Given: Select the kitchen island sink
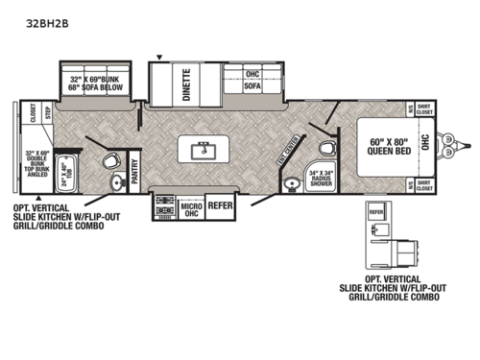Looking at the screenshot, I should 203,149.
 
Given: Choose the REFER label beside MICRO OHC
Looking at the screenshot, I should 222,204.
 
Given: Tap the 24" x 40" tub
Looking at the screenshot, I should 66,177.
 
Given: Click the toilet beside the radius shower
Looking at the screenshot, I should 327,148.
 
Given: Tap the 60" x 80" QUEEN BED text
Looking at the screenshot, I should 391,146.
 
